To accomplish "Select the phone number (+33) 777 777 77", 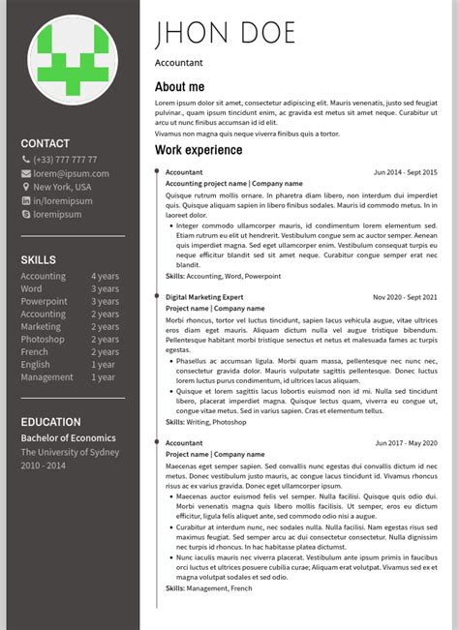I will (x=65, y=160).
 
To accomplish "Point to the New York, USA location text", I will (x=62, y=187).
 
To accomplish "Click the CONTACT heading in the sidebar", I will (x=46, y=143).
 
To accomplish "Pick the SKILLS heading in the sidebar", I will (x=39, y=259).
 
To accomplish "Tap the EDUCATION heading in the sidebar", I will (x=51, y=422).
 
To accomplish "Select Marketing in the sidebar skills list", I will (x=41, y=327).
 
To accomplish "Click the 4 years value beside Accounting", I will (x=105, y=276).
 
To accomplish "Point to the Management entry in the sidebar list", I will (x=46, y=377).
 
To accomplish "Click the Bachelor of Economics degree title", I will (x=68, y=438).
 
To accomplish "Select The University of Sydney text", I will (x=70, y=452).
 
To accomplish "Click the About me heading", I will (x=179, y=87).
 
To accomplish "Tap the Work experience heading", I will (x=199, y=150).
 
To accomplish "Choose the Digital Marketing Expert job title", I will (x=204, y=297).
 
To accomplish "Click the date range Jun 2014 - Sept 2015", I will (x=405, y=172).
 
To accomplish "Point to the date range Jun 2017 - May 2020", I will (x=406, y=443).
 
